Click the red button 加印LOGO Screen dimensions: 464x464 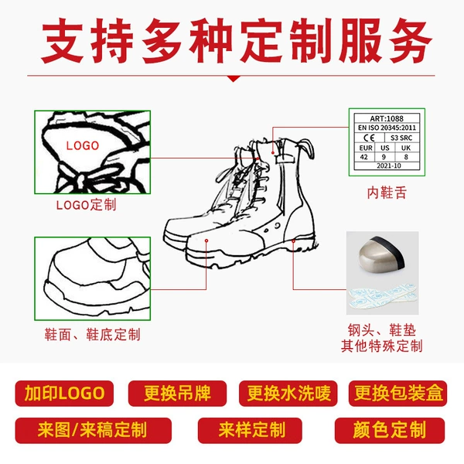(64, 394)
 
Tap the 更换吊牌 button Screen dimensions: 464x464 (177, 394)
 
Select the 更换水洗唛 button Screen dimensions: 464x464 (288, 394)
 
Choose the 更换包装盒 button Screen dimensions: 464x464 (398, 394)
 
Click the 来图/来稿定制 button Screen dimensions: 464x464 (94, 431)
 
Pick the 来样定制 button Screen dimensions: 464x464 (250, 431)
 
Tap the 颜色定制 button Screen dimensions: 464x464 (390, 431)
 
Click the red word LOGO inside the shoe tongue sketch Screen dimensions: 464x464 (83, 145)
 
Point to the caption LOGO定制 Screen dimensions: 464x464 (86, 205)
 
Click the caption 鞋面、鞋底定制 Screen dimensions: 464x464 (92, 335)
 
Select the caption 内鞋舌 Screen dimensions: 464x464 (387, 193)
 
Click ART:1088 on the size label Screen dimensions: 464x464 (387, 118)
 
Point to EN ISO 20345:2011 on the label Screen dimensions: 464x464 (387, 128)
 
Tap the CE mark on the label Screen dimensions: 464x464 (369, 138)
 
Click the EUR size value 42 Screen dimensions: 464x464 (364, 157)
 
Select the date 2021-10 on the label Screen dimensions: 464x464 (389, 165)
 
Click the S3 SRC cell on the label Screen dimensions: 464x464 (401, 138)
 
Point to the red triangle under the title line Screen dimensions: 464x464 (234, 79)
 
